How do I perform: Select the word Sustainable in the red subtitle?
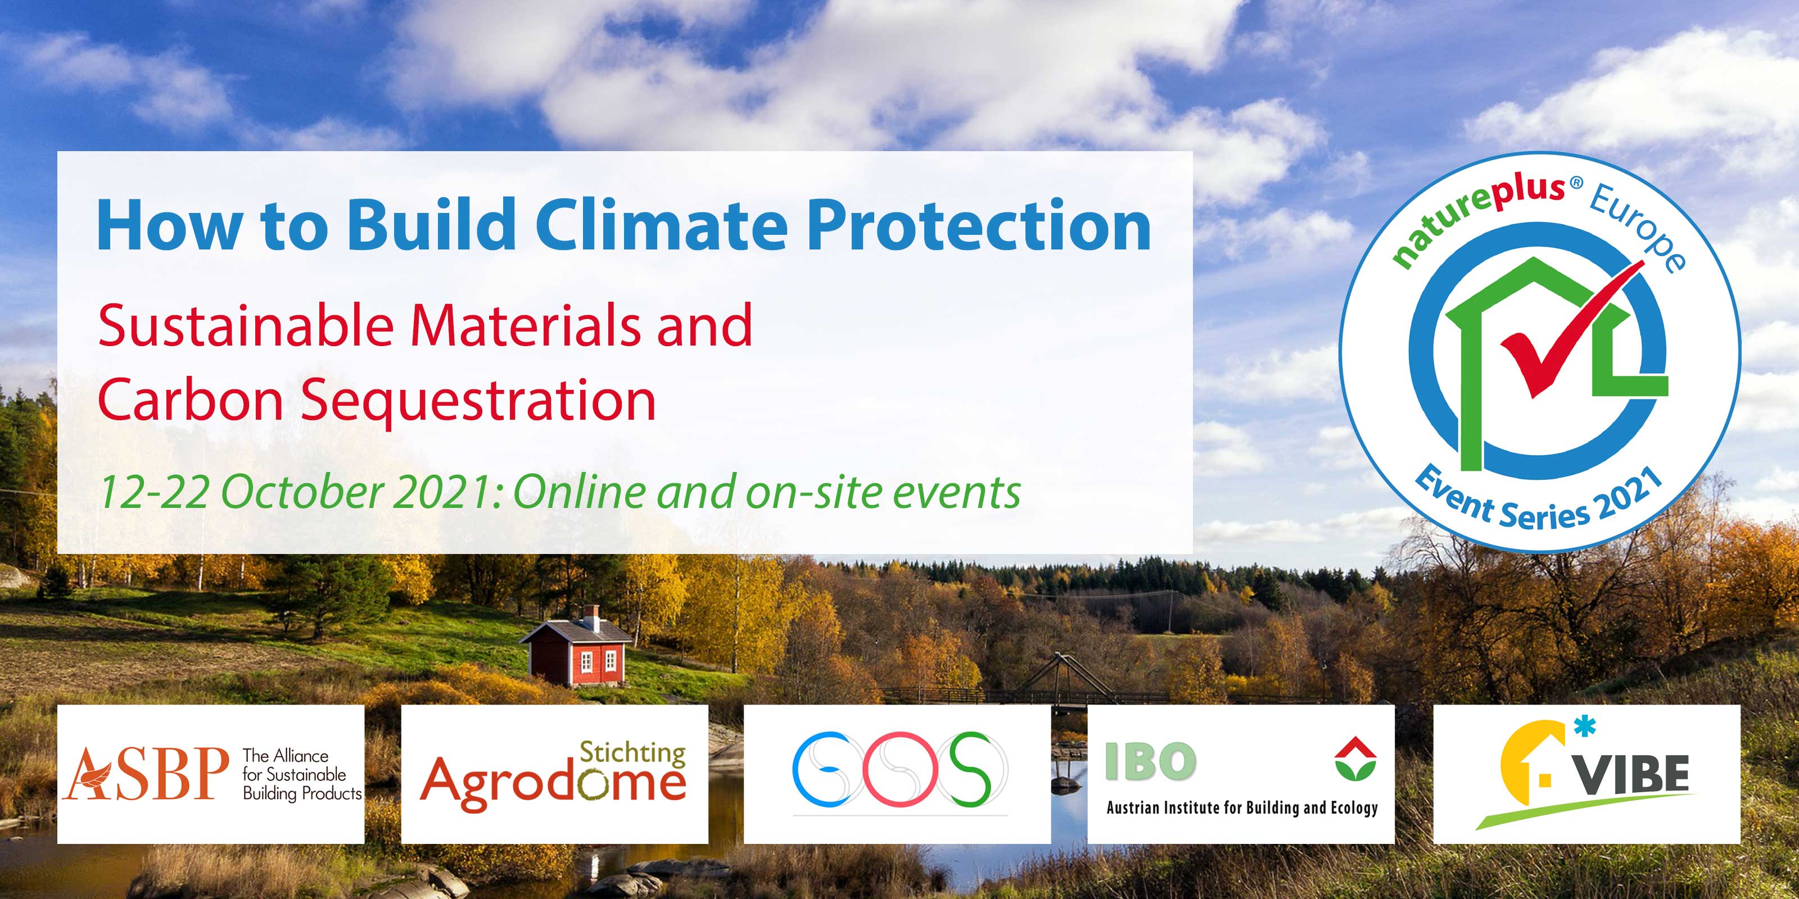(246, 325)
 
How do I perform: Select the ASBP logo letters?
(146, 773)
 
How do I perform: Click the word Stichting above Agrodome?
(632, 752)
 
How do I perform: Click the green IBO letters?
(1150, 761)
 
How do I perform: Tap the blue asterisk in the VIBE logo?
(1585, 727)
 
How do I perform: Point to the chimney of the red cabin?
(591, 617)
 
